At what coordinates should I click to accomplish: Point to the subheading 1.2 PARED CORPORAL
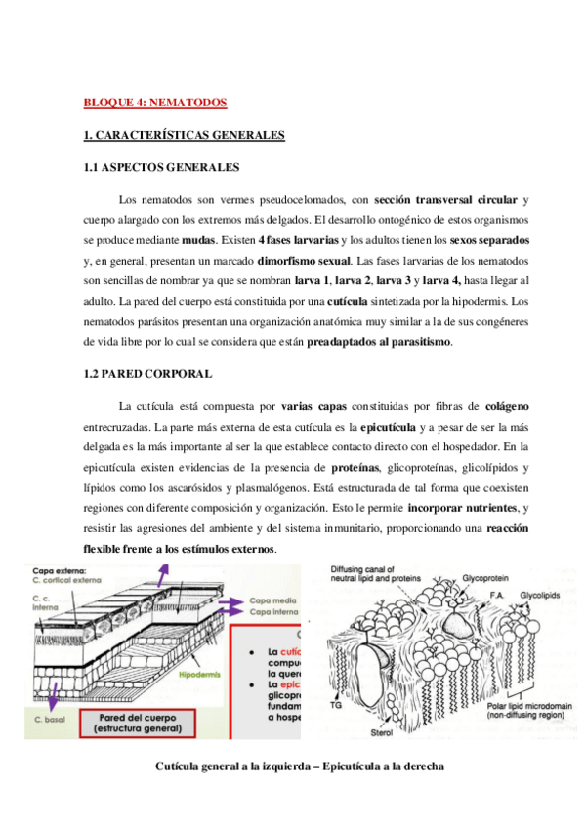[148, 374]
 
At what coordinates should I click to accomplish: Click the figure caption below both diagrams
[299, 766]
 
